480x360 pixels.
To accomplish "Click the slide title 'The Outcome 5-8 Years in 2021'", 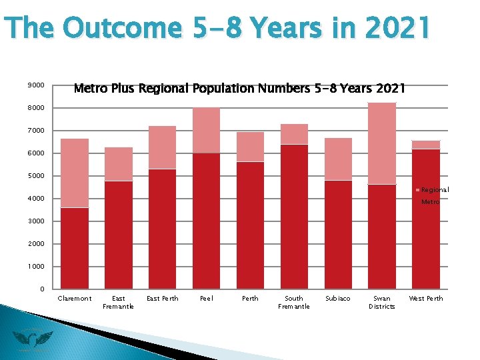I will click(217, 28).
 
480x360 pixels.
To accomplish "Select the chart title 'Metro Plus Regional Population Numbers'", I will click(239, 88).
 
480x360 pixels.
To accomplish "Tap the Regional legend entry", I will click(434, 190).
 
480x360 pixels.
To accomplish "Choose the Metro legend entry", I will click(430, 201).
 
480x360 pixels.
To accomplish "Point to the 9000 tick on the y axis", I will click(36, 85).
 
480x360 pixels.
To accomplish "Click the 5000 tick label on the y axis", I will click(36, 176).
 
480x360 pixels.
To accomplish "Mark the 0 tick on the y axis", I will click(41, 289).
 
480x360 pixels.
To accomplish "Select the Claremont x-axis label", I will click(75, 299).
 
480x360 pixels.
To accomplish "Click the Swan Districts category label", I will click(382, 303).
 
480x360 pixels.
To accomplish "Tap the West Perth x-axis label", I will click(425, 299).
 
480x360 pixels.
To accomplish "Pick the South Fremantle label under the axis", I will click(293, 303).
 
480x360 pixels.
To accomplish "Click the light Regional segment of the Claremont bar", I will click(75, 173).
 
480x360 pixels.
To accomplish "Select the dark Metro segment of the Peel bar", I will click(206, 221).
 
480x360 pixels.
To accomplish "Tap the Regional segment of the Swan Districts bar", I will click(382, 143).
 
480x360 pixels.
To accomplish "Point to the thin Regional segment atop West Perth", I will click(425, 145).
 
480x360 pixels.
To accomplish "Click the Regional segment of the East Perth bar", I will click(162, 147).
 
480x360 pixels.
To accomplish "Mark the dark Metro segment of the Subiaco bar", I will click(338, 234).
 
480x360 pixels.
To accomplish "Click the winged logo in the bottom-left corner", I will click(32, 340).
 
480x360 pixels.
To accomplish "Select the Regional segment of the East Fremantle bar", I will click(119, 164).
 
